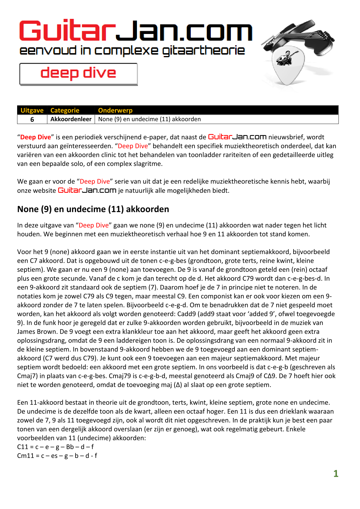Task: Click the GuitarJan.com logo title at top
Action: point(136,31)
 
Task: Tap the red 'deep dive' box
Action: point(78,74)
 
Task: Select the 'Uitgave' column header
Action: point(32,110)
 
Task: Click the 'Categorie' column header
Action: point(65,110)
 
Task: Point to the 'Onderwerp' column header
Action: point(115,110)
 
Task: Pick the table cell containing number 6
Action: point(32,119)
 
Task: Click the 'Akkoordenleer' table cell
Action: point(71,119)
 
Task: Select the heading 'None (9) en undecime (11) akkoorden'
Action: point(93,209)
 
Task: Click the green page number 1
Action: point(336,474)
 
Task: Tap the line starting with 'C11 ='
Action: point(55,447)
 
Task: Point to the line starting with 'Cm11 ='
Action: point(57,456)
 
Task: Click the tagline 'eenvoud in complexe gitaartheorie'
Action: point(132,51)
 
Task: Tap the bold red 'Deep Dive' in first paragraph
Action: point(35,137)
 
